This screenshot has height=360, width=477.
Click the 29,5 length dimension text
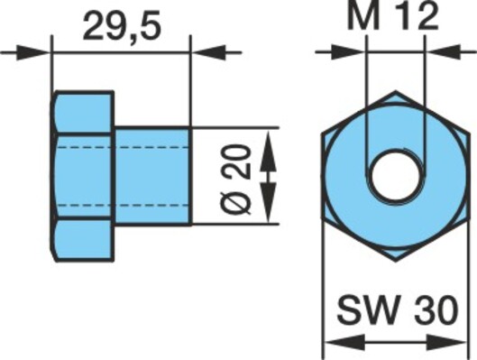point(122,26)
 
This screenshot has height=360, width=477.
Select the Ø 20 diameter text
point(235,180)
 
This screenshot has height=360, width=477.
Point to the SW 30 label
point(398,309)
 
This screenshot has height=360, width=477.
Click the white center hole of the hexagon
point(396,176)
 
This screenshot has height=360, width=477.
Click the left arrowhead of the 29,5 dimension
point(33,52)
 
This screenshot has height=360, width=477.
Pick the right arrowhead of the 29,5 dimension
point(208,52)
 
